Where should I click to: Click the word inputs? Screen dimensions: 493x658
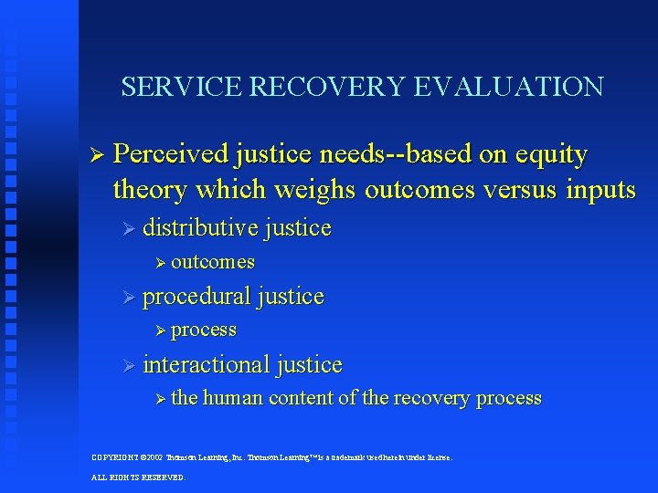click(x=600, y=190)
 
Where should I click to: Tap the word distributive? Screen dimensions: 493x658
click(x=200, y=227)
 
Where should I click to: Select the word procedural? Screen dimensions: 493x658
click(x=196, y=296)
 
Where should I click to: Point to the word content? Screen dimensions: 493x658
click(x=301, y=398)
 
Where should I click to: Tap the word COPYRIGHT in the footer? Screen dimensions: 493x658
click(x=115, y=456)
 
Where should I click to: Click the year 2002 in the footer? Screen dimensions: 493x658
click(x=154, y=456)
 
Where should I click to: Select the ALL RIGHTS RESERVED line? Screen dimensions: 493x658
click(x=138, y=477)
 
